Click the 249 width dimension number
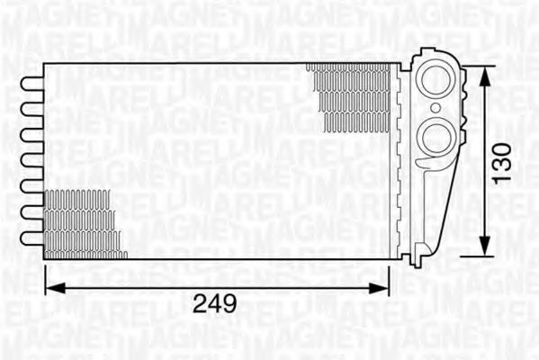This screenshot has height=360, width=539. [x=217, y=304]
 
